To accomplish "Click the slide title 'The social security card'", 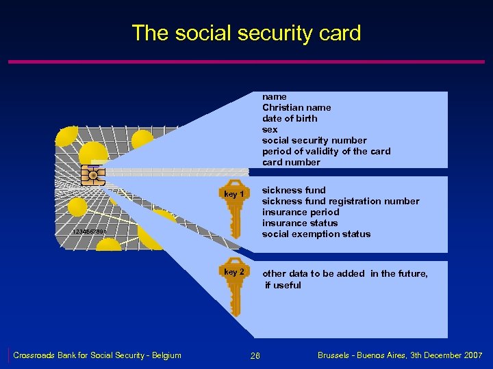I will [x=246, y=33].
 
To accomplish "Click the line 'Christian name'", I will [x=296, y=107].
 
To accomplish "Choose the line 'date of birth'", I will [x=289, y=118].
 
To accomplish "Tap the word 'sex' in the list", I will [x=270, y=129].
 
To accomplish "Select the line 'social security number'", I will [x=314, y=140].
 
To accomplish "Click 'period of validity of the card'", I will [x=326, y=151].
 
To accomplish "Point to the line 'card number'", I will [x=290, y=162].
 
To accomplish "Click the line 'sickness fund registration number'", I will [x=340, y=201].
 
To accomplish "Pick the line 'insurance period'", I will [x=300, y=212].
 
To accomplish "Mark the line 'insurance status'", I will [x=299, y=223].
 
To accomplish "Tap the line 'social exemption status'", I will [x=316, y=234].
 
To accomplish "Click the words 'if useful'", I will [x=283, y=285].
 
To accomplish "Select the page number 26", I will [x=255, y=355].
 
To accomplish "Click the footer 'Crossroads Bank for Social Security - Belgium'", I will [x=97, y=355].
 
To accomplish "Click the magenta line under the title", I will [x=246, y=62].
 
